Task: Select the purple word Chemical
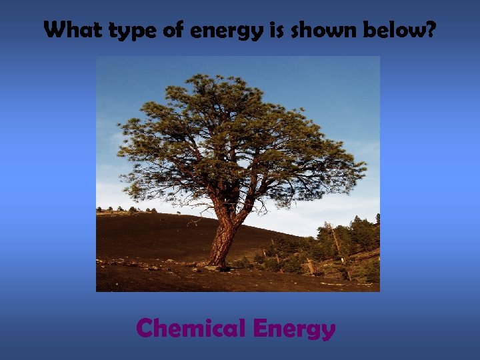(190, 328)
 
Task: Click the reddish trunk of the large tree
(223, 237)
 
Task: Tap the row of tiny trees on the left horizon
(127, 209)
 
